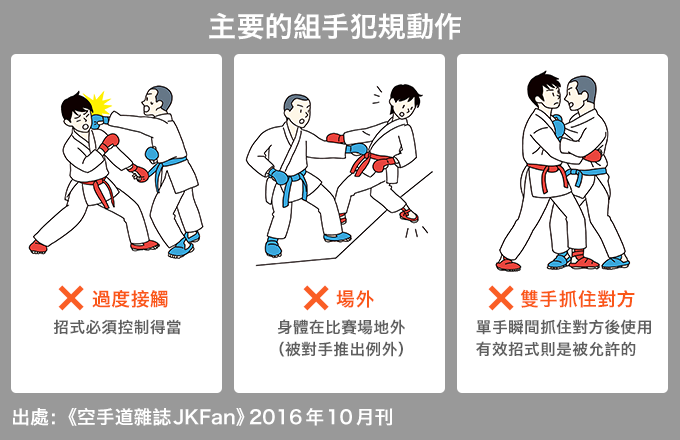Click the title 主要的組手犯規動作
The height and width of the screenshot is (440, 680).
pos(335,27)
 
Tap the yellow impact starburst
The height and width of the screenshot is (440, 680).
pos(99,105)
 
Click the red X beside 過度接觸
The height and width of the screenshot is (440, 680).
pos(71,298)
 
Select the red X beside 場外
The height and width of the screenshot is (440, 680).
pos(316,298)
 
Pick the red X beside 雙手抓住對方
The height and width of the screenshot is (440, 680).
pos(501,298)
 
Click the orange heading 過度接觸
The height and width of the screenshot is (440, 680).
pos(130,299)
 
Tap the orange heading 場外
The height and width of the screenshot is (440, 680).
pos(355,299)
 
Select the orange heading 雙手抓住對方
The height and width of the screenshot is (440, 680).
pos(578,299)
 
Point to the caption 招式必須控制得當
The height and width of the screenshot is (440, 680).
pos(117,327)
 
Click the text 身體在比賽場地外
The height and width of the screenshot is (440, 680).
pos(341,327)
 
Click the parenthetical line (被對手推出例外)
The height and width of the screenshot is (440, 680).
pos(341,349)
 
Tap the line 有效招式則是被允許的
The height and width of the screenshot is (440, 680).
pos(556,349)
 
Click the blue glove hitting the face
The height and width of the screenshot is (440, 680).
pos(99,121)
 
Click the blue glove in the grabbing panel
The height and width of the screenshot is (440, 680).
pos(558,127)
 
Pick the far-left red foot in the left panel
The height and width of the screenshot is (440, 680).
pos(38,247)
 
